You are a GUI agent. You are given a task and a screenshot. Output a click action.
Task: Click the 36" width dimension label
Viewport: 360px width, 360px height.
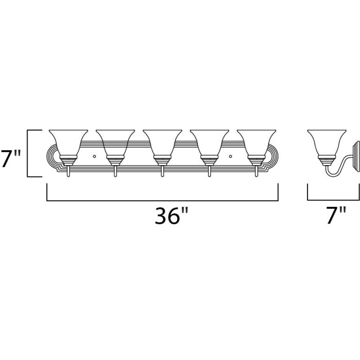coord(171,215)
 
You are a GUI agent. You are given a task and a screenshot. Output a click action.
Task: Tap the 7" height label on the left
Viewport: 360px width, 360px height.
coord(11,153)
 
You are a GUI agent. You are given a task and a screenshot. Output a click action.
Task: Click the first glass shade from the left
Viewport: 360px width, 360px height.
coord(68,143)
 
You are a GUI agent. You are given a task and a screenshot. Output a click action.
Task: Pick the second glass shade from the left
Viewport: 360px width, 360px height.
coord(115,143)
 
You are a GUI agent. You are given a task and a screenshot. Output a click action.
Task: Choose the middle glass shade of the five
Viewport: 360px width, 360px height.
coord(162,143)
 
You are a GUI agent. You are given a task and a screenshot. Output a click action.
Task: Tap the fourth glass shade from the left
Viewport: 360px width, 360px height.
coord(210,143)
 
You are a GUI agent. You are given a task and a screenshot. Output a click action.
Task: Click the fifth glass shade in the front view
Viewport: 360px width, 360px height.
coord(256,143)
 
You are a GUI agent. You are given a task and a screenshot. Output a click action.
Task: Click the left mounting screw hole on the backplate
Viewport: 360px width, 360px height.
coord(94,156)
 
